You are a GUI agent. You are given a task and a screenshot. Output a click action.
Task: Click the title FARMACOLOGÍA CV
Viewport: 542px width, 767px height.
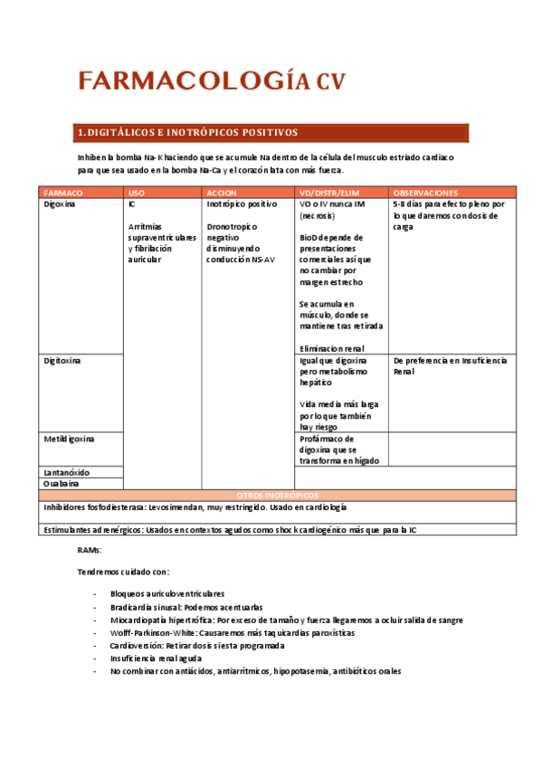(x=211, y=81)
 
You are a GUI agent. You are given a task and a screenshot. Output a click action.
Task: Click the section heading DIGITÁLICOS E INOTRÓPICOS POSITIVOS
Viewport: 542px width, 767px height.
(x=188, y=133)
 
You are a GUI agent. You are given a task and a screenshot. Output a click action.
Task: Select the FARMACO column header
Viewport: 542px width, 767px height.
(x=63, y=193)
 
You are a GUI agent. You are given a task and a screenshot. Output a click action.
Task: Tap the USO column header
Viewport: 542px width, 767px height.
(x=137, y=193)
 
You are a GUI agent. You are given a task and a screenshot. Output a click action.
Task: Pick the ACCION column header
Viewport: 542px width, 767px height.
(x=222, y=193)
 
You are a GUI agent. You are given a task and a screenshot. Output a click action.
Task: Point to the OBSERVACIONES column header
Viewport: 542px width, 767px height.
(x=425, y=193)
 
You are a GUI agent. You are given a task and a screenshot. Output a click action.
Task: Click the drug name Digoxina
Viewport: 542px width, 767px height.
(x=60, y=204)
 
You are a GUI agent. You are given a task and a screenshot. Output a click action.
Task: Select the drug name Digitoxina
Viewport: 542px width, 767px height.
(x=62, y=360)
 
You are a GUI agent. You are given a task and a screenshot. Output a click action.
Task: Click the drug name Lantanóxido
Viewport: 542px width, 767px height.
(x=67, y=472)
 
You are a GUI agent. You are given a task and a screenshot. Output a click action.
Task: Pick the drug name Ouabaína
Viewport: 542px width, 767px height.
(x=62, y=484)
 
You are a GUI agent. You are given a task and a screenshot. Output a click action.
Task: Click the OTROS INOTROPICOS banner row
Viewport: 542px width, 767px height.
(x=277, y=496)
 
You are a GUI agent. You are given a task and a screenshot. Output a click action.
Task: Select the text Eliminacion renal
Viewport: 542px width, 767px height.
(x=332, y=348)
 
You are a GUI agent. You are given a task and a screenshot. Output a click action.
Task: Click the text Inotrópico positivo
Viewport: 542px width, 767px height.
(x=242, y=204)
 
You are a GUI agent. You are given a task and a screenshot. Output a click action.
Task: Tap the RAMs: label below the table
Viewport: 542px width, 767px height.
(x=90, y=550)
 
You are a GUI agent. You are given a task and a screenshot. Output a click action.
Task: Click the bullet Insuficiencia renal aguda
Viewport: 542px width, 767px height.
(x=156, y=659)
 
